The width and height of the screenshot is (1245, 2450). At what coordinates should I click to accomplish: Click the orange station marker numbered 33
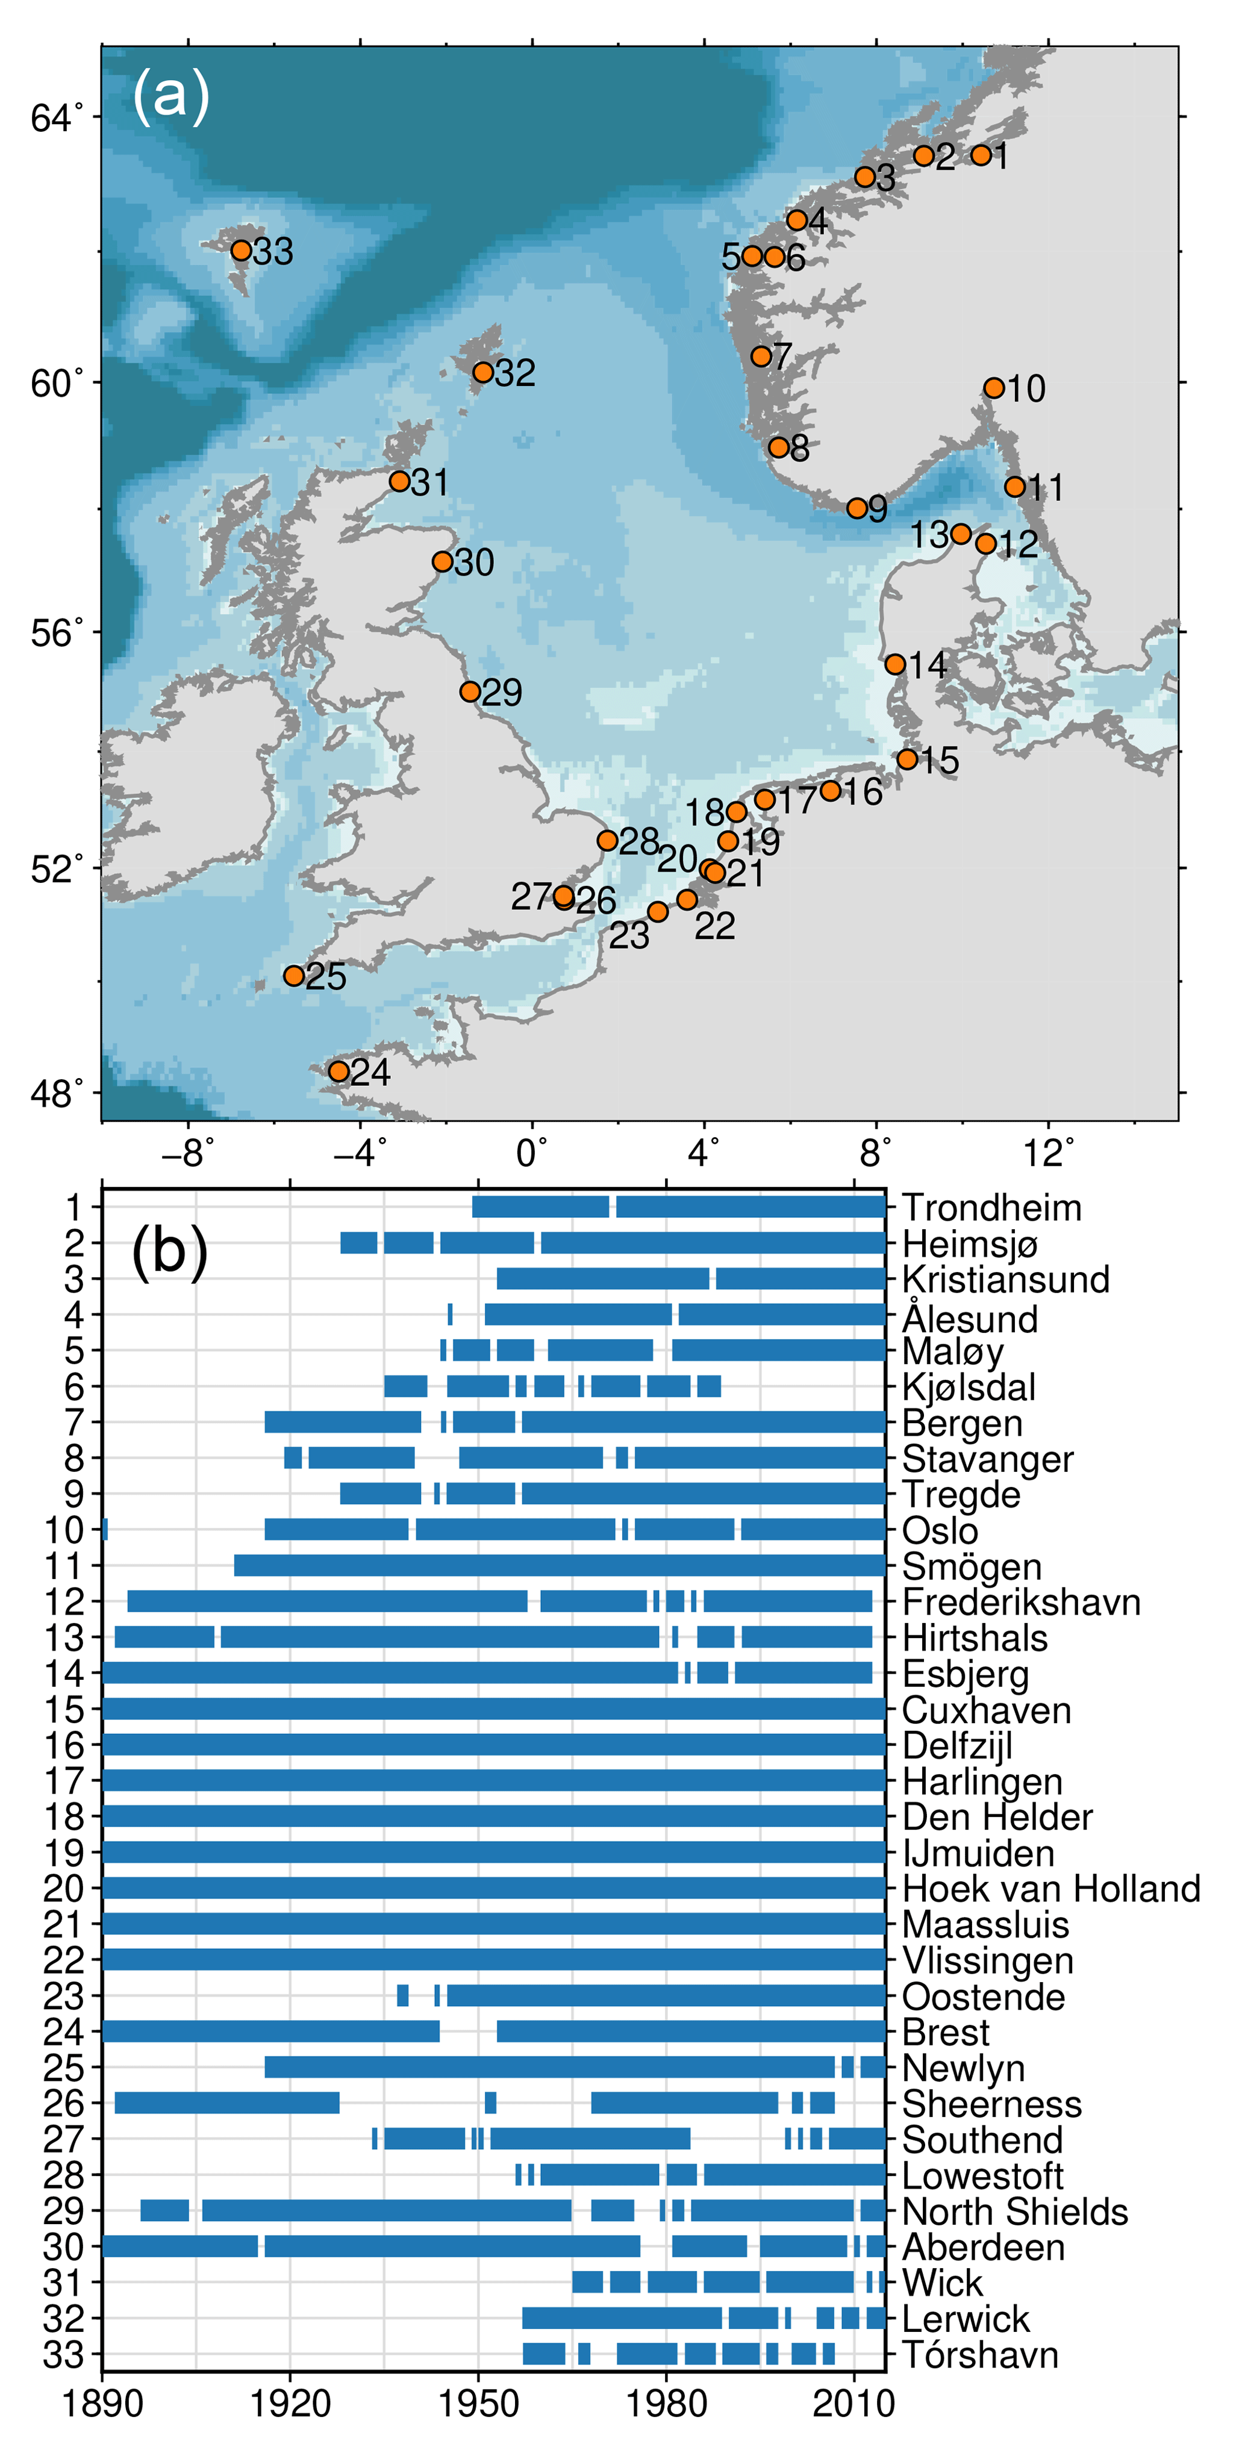(x=242, y=250)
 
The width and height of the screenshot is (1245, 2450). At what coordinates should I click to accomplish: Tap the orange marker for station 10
(x=994, y=387)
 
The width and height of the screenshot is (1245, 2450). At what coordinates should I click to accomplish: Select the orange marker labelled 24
(x=339, y=1071)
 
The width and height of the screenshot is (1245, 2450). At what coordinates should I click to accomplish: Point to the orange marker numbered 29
(x=470, y=691)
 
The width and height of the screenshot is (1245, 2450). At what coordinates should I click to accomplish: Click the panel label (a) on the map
(x=170, y=95)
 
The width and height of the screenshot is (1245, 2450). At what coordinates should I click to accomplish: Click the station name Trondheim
(x=991, y=1208)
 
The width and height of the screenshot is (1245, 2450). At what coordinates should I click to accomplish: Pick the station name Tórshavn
(x=979, y=2355)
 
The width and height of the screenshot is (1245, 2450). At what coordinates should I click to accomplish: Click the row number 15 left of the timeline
(x=64, y=1709)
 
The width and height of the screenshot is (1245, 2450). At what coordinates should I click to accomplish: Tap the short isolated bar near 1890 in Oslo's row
(x=105, y=1529)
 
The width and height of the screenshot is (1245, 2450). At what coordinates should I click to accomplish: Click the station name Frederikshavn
(x=1020, y=1601)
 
